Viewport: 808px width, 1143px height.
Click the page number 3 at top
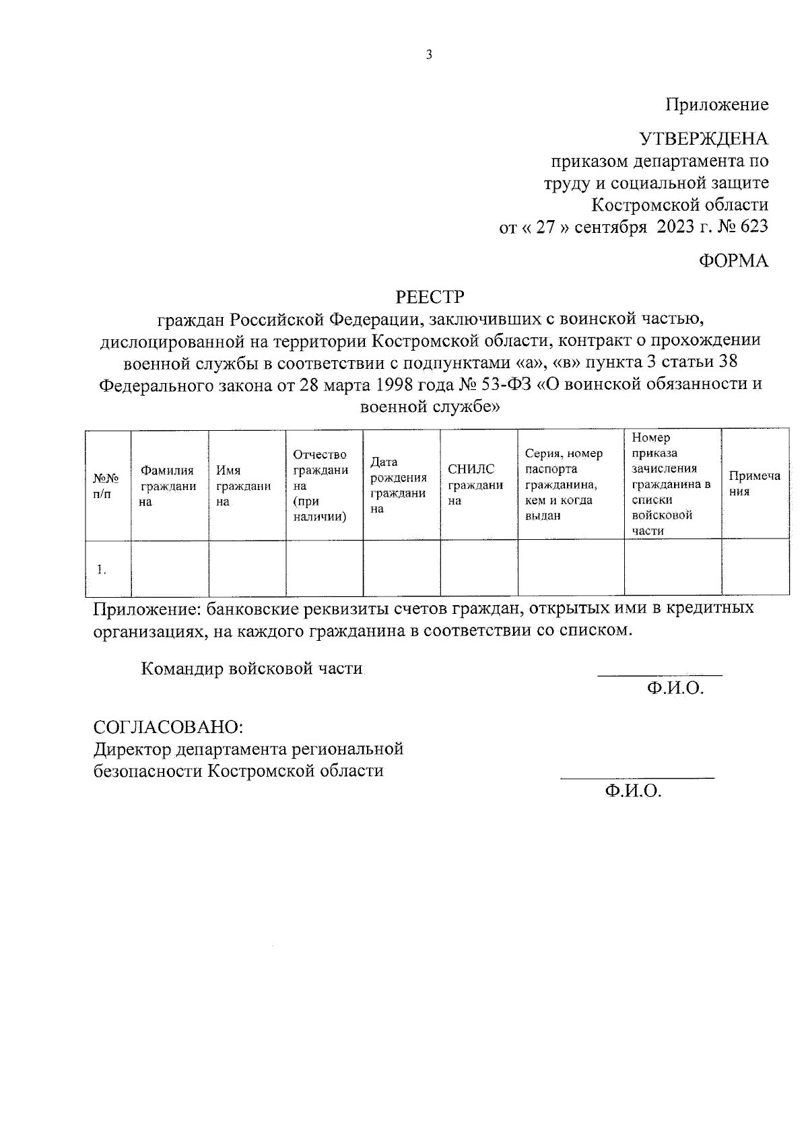tap(429, 55)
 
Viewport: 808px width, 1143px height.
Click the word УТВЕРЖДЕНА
tap(703, 139)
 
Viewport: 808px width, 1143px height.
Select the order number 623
tap(753, 226)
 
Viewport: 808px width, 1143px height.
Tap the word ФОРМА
tap(733, 261)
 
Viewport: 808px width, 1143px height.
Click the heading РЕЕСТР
tap(430, 296)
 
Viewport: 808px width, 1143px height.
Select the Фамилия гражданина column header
tap(168, 486)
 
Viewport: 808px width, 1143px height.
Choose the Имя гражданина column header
tap(243, 486)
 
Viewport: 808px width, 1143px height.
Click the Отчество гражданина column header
tap(321, 486)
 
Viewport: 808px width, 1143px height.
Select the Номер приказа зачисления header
tap(671, 484)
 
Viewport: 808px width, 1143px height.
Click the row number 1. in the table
tap(101, 569)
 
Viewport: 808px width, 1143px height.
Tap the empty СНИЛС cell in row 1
tap(479, 567)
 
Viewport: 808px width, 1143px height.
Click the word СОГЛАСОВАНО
tap(168, 727)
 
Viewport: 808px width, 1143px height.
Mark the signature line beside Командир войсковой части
tap(660, 674)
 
